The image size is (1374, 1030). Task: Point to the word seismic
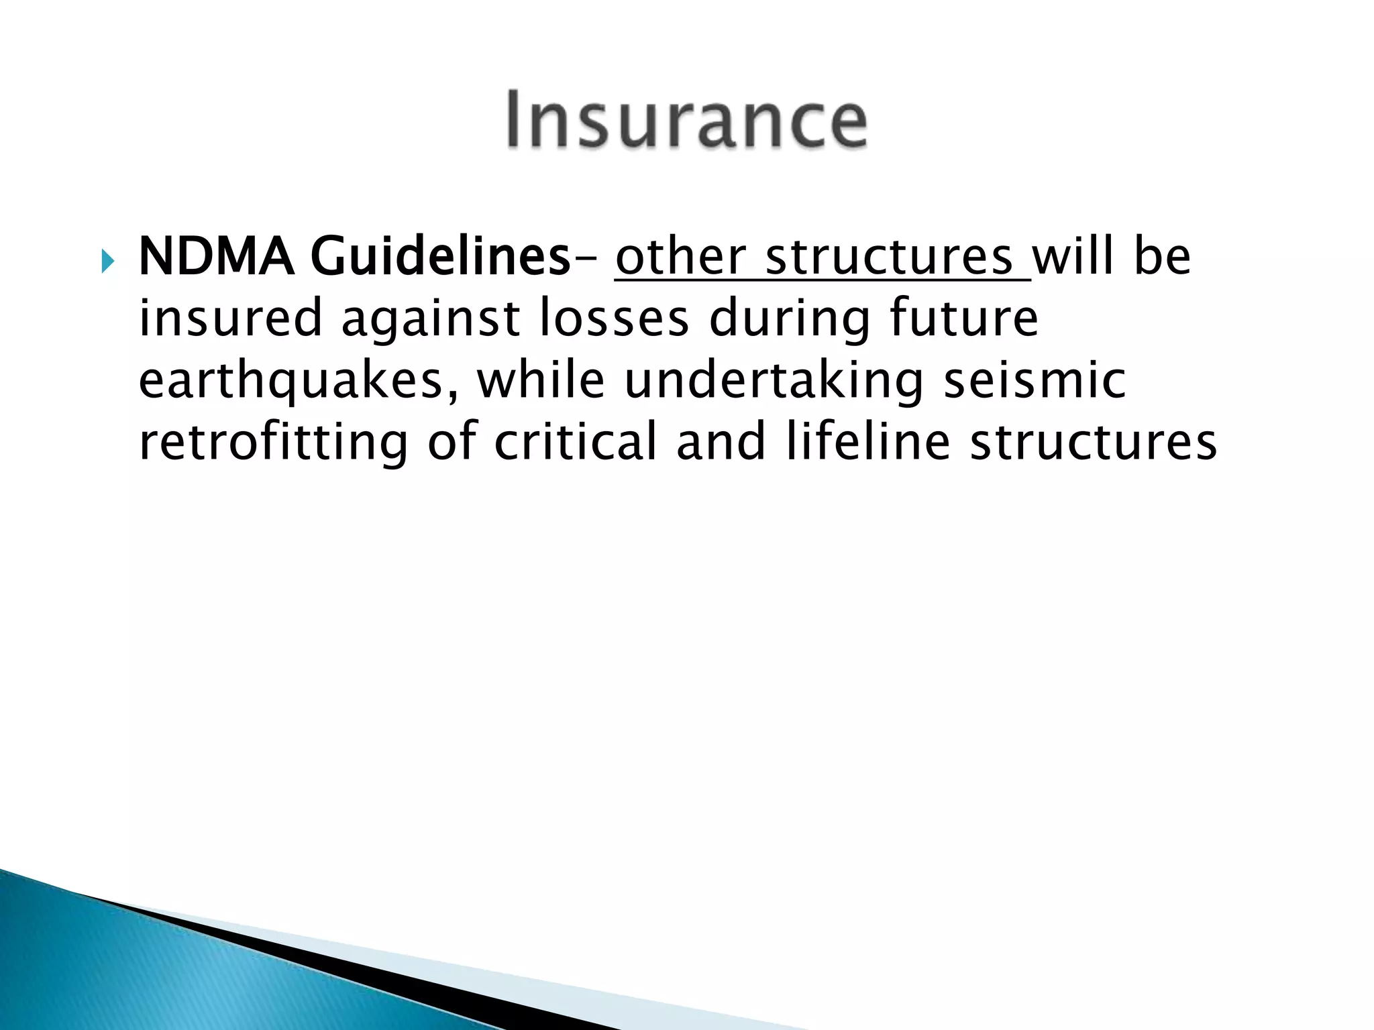1034,380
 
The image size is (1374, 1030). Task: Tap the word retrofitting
273,443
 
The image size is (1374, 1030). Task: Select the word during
789,319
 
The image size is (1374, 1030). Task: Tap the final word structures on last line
1093,443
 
